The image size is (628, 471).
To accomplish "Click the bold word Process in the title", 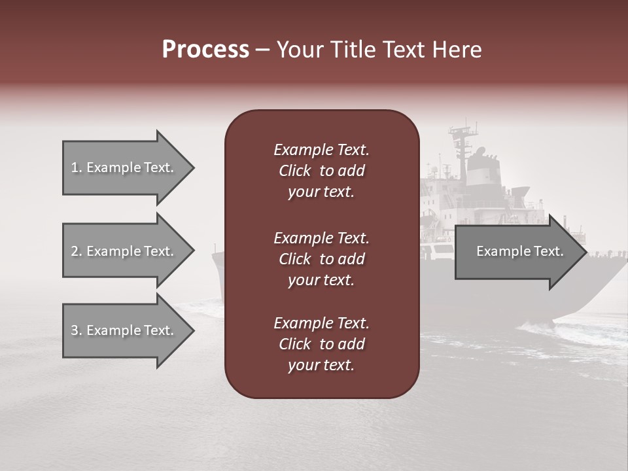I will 205,50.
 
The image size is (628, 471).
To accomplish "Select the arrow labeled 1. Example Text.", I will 122,167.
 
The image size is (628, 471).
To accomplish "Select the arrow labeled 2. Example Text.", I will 122,251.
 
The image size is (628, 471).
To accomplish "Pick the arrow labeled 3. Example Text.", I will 122,330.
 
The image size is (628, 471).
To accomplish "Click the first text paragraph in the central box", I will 321,171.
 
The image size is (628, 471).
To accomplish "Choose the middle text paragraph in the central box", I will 321,259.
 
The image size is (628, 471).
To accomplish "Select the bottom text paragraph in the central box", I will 321,344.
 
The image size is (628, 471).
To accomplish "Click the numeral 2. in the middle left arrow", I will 77,251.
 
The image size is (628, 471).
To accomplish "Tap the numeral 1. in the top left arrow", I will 77,167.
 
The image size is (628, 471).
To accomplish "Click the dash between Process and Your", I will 263,50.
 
